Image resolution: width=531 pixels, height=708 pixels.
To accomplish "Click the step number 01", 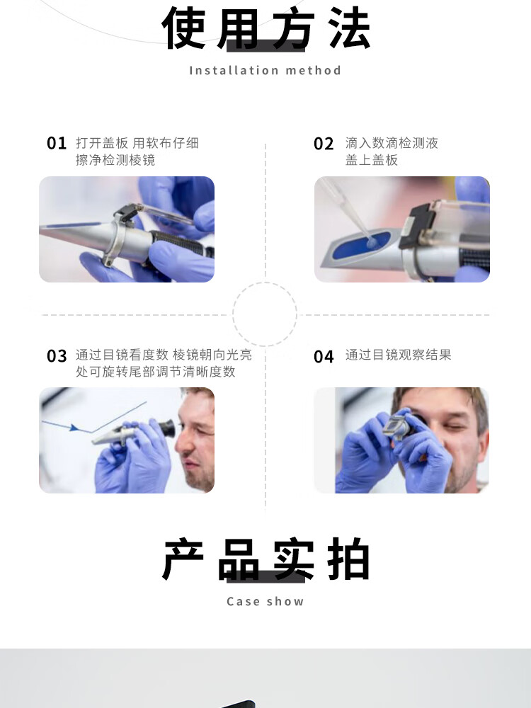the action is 57,143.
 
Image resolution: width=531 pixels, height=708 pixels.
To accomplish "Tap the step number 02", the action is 324,144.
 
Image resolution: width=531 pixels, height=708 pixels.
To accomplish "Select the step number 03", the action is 57,356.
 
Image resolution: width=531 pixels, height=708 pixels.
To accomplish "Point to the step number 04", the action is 324,357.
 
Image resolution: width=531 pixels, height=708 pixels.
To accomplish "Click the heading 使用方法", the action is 266,28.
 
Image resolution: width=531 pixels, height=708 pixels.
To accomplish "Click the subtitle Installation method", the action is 265,70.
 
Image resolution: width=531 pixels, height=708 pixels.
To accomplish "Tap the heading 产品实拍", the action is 266,559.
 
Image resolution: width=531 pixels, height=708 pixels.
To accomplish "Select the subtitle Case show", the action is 265,601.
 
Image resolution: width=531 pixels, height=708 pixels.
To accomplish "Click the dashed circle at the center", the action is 265,283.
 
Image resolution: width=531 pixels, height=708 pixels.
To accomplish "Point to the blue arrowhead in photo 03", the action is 74,427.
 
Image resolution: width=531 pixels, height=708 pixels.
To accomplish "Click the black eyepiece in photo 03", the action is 166,428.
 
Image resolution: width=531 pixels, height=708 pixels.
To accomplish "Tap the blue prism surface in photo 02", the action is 362,246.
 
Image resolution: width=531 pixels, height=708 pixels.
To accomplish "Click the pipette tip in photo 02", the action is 370,241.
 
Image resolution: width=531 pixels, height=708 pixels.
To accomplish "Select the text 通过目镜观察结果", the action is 398,355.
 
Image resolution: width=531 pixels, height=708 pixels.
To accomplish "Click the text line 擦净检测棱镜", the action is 115,160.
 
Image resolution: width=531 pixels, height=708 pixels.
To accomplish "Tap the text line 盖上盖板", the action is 372,160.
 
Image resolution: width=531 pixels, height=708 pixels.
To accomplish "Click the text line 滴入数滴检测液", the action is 392,143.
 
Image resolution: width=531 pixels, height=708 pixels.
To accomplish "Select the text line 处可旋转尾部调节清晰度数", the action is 155,372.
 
